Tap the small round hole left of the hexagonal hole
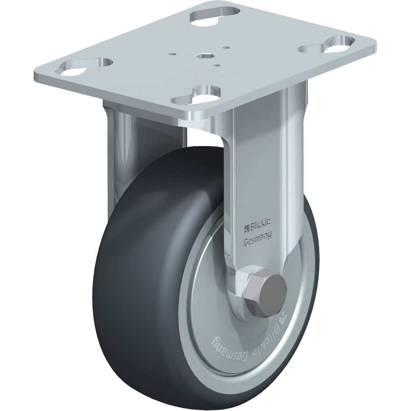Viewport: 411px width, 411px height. click(x=173, y=53)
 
